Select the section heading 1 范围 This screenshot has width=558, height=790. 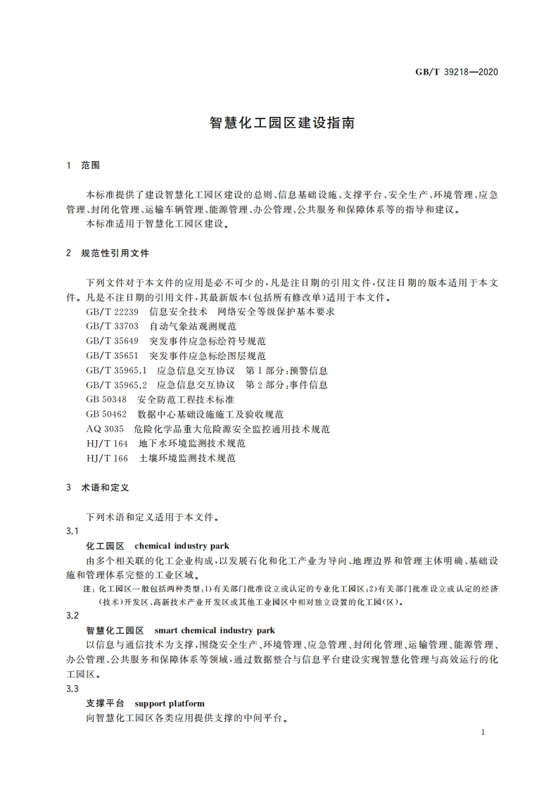pos(84,165)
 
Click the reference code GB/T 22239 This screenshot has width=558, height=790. pos(113,311)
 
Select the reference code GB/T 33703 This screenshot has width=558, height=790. pos(113,326)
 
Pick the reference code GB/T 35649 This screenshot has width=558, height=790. pos(113,341)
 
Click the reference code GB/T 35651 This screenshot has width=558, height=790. pos(113,356)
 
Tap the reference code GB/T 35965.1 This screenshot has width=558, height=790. pos(116,370)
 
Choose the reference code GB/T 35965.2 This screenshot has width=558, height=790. pos(116,385)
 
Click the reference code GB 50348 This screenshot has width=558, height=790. pos(106,399)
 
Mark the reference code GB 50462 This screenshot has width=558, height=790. pos(106,414)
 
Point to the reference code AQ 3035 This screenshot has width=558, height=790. pos(105,429)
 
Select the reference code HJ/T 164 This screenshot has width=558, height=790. pos(107,444)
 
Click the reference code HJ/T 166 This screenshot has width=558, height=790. pos(107,458)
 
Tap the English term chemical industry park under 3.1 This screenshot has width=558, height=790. pos(182,546)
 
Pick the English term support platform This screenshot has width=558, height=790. pos(170,703)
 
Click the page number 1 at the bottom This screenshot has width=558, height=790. pos(483,733)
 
